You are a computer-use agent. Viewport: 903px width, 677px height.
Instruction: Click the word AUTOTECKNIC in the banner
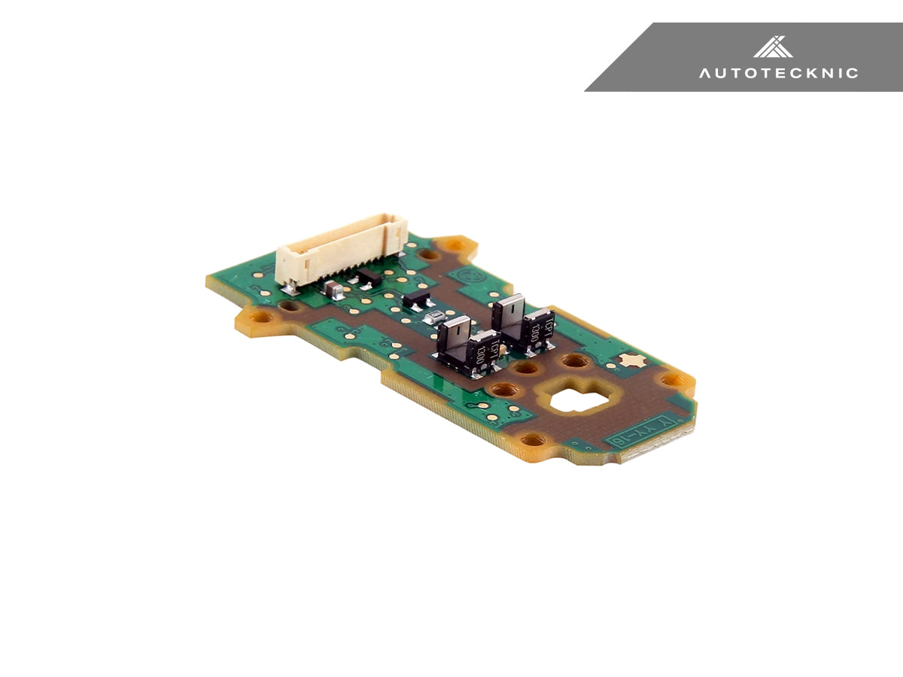click(x=778, y=73)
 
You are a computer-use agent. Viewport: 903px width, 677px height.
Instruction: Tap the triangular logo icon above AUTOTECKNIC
click(x=773, y=47)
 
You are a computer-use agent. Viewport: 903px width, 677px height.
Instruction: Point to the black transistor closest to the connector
click(x=368, y=278)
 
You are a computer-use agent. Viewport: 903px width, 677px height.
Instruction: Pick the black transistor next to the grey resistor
click(x=415, y=300)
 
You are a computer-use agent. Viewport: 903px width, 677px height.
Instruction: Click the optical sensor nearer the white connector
click(x=467, y=346)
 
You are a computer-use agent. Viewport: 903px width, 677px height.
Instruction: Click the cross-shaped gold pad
click(x=630, y=360)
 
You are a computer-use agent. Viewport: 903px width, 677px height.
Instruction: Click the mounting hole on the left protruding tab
click(x=261, y=317)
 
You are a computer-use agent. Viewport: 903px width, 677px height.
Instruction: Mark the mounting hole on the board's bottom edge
click(x=532, y=439)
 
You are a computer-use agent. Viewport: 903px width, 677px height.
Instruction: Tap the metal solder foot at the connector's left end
click(x=285, y=287)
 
